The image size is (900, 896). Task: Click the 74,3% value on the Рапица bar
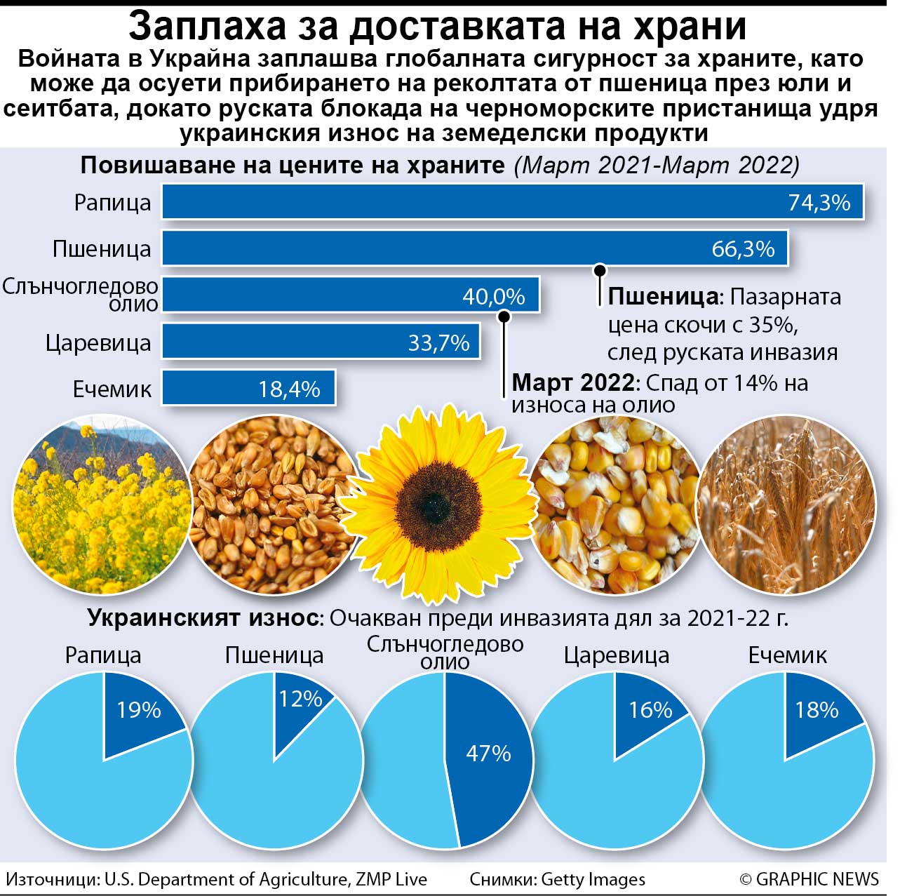tap(819, 203)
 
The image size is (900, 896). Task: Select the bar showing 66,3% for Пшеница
tap(474, 248)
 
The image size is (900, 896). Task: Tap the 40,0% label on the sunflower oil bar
tap(493, 296)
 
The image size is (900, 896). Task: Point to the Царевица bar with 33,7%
tap(321, 342)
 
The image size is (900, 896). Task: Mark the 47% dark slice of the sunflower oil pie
tap(488, 754)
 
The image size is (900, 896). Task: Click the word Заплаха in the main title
tap(208, 26)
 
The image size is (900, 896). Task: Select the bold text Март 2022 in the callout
tap(572, 383)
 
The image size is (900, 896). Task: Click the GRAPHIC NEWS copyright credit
tap(808, 879)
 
